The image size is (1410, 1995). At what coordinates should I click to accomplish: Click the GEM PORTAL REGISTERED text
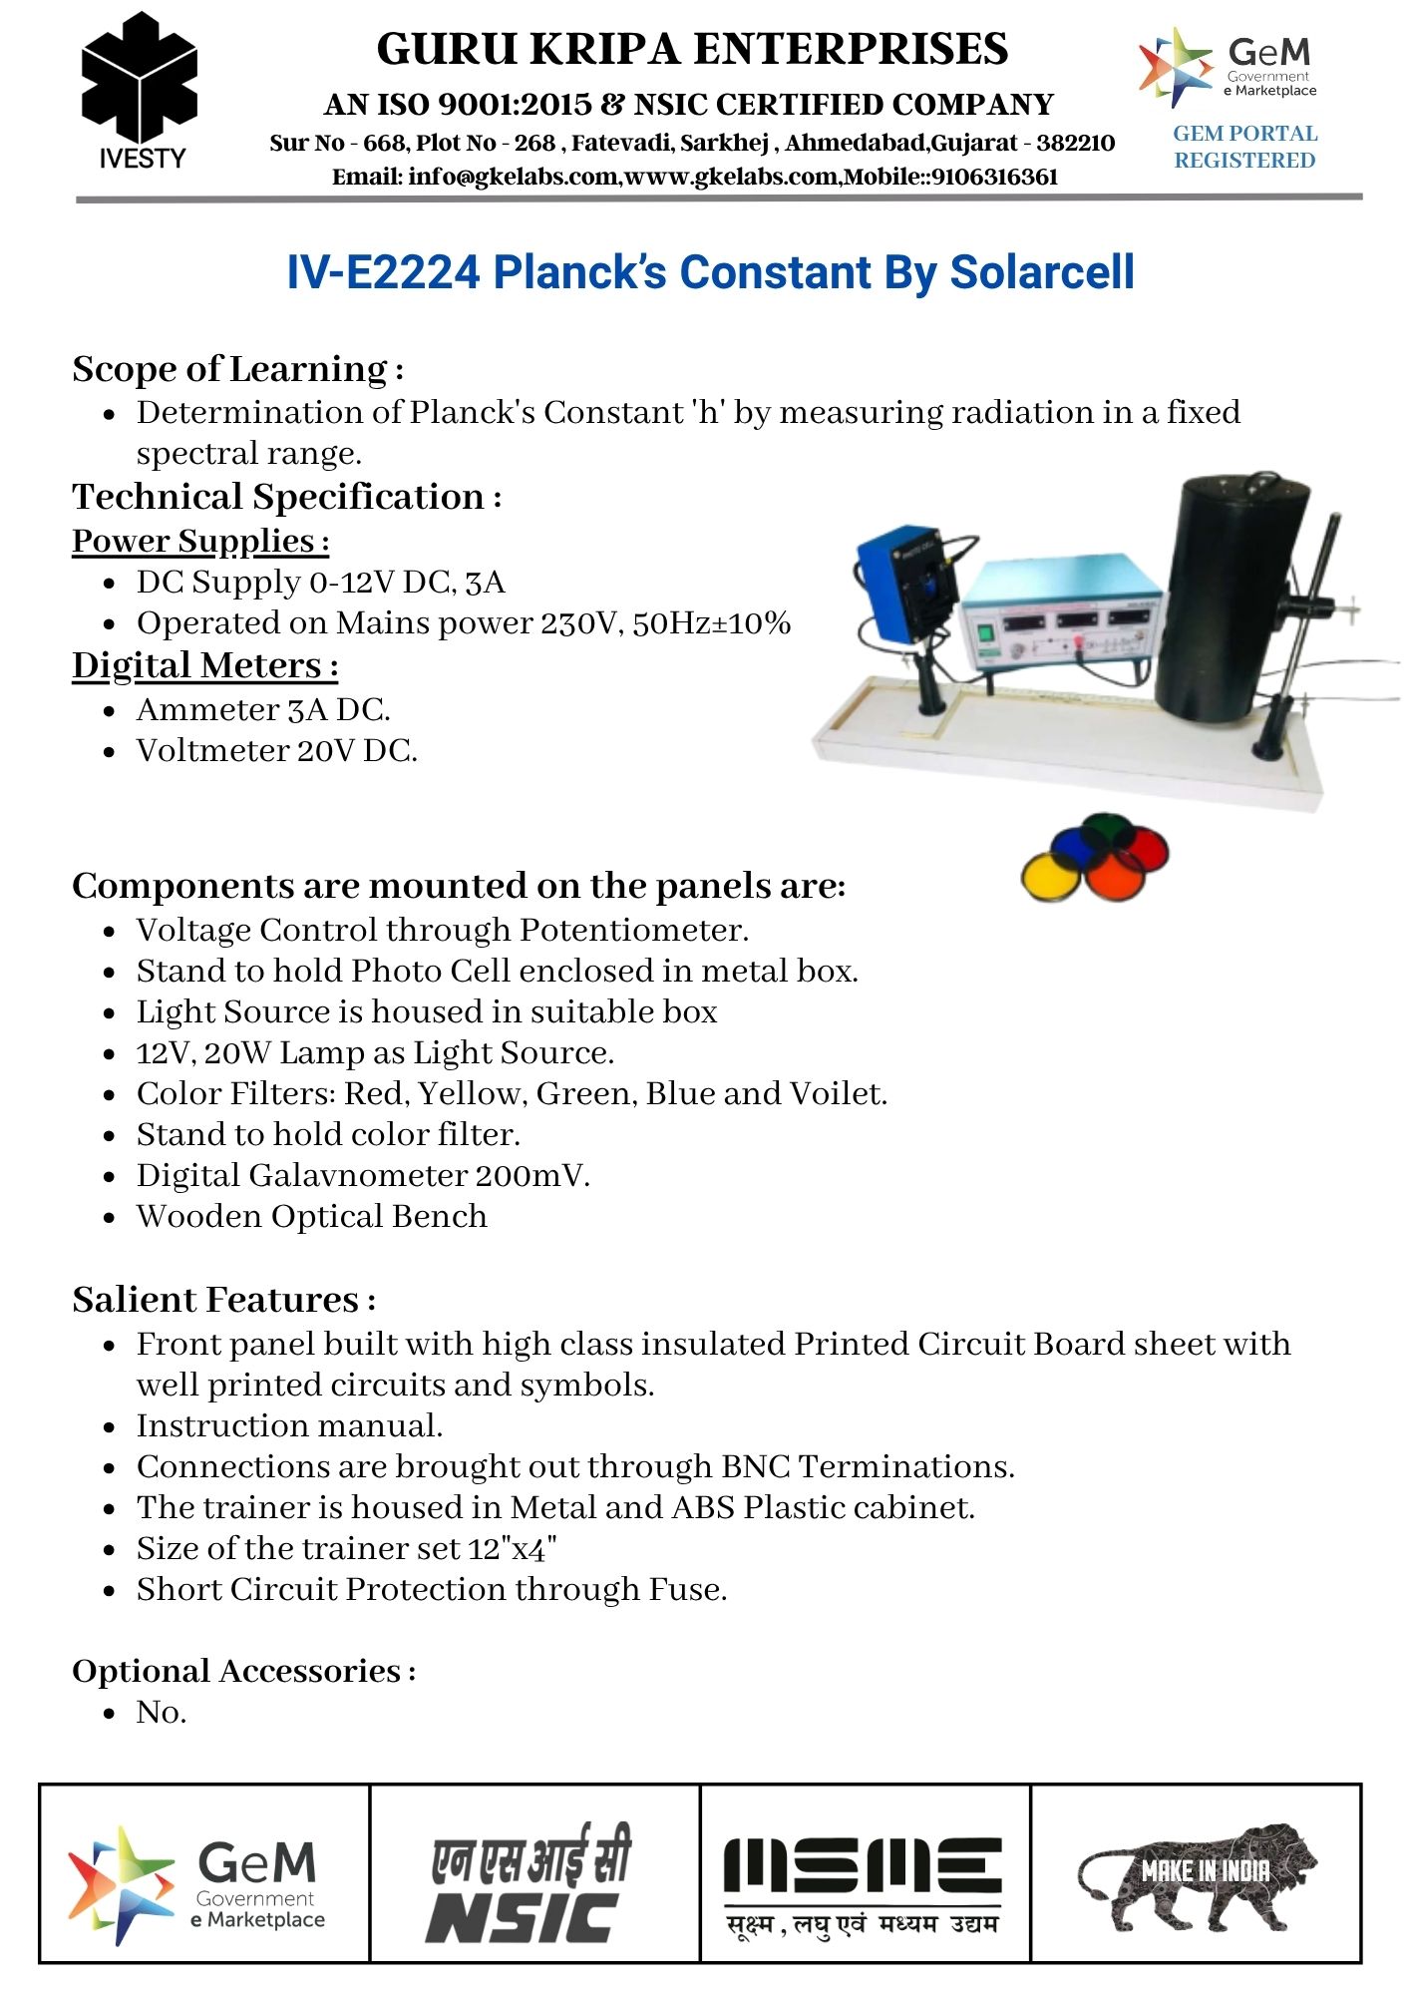click(x=1244, y=147)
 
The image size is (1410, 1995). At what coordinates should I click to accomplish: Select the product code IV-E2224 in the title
click(x=383, y=272)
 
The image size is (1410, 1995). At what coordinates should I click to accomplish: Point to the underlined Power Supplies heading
click(x=199, y=541)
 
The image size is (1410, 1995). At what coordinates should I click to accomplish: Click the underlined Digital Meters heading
click(x=204, y=665)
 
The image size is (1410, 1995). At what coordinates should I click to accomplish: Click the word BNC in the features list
click(x=755, y=1466)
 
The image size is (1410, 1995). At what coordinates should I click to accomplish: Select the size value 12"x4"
click(x=513, y=1548)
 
